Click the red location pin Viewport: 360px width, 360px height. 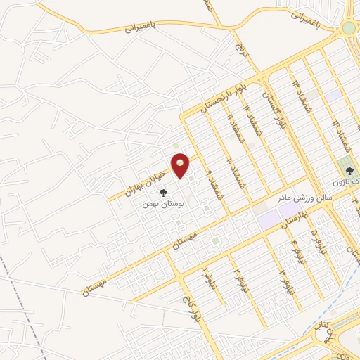(181, 165)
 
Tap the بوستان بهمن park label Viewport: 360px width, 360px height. (162, 203)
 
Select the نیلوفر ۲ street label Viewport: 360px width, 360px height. (237, 271)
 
